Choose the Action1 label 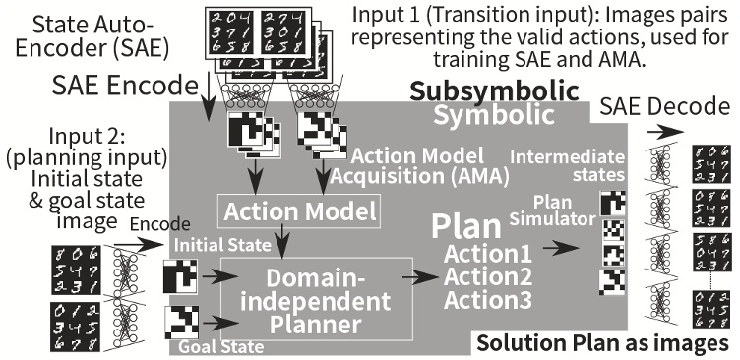point(475,253)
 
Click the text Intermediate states point(557,163)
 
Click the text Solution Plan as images point(602,343)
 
